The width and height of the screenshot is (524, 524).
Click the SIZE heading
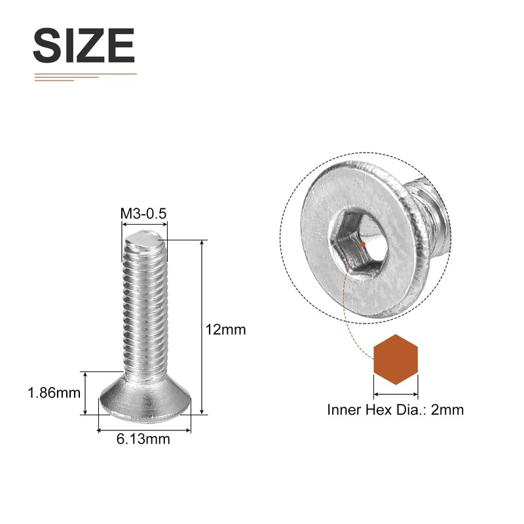pyautogui.click(x=84, y=46)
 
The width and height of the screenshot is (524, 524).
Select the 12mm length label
pyautogui.click(x=225, y=329)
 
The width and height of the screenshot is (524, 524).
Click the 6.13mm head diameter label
pyautogui.click(x=143, y=439)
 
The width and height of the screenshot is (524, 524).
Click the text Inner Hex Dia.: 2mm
pyautogui.click(x=395, y=410)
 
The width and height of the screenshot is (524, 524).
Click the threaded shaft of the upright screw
pyautogui.click(x=143, y=308)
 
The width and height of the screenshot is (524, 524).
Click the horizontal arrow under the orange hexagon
pyautogui.click(x=396, y=394)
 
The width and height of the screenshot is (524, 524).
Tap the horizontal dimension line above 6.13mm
pyautogui.click(x=144, y=430)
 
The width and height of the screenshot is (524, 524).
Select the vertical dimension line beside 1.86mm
pyautogui.click(x=85, y=393)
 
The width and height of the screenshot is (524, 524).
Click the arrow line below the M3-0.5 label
pyautogui.click(x=145, y=224)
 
